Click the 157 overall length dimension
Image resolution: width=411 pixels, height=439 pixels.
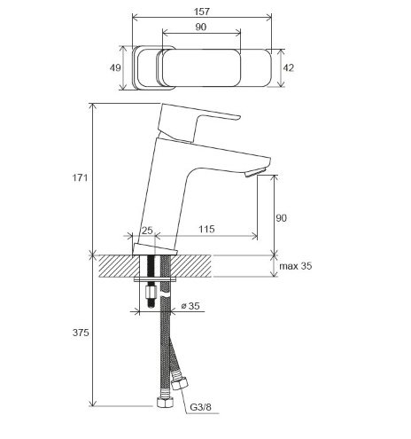pos(201,9)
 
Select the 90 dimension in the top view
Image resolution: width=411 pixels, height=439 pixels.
pos(201,27)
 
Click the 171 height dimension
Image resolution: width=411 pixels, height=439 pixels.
pos(81,177)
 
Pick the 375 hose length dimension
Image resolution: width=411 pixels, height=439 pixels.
pos(81,333)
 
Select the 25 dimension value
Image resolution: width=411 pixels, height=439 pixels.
pos(147,230)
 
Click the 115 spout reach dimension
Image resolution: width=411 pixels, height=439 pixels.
pos(206,230)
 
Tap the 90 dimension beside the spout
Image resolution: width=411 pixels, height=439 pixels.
pos(282,217)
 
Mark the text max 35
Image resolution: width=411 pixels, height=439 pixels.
pos(296,266)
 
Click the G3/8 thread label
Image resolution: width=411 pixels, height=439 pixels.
pos(201,409)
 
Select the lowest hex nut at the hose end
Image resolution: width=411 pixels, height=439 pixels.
pos(164,404)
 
